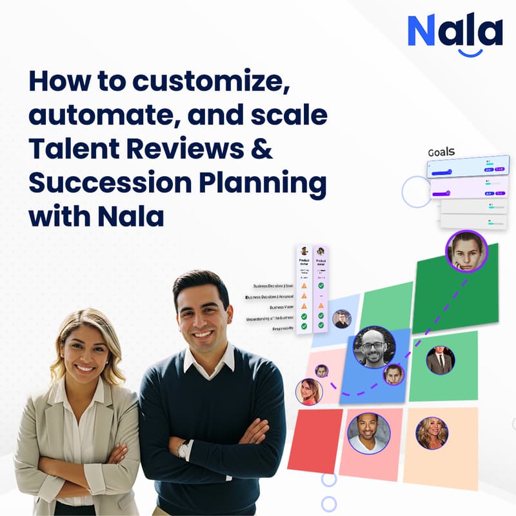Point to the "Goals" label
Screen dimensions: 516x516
coord(441,152)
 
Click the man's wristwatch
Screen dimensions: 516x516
coord(185,449)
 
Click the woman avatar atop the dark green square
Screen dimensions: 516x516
coord(466,251)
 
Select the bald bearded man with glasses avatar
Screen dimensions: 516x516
coord(374,346)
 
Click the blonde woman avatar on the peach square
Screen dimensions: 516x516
coord(432,433)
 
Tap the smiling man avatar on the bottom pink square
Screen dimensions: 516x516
coord(369,433)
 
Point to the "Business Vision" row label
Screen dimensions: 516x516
coord(282,308)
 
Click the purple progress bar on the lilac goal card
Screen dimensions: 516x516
coord(442,192)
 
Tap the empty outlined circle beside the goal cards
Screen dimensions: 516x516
coord(416,192)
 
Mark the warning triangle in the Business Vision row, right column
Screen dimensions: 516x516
coord(321,306)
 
